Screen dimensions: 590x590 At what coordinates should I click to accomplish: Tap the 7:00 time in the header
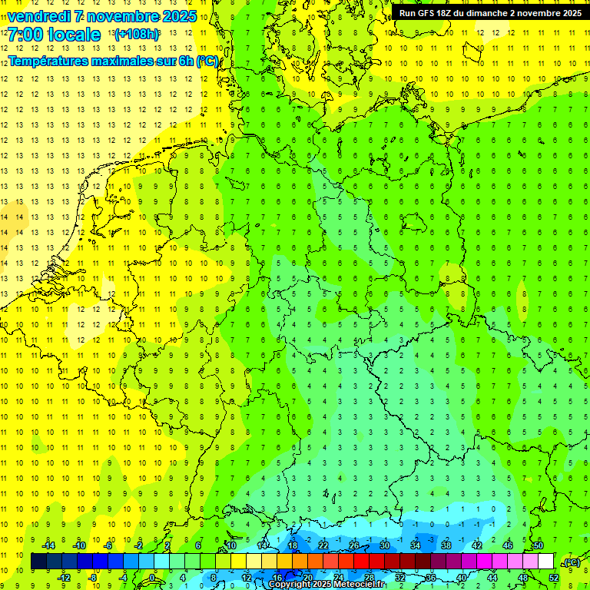[25, 35]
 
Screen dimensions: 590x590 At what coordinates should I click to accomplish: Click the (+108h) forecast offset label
[138, 35]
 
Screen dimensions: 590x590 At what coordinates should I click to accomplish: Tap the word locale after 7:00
[73, 35]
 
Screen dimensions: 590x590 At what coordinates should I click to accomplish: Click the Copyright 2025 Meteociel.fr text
[327, 584]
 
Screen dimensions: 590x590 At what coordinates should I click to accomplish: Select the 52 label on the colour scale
[554, 577]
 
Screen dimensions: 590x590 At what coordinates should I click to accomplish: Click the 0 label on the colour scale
[152, 577]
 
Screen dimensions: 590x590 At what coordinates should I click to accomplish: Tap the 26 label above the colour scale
[354, 545]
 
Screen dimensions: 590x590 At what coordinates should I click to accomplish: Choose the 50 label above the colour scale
[539, 545]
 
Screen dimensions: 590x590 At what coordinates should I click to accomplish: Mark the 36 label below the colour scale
[431, 577]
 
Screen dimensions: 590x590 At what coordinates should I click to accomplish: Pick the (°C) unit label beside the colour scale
[570, 562]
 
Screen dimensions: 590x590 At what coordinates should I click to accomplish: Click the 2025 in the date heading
[179, 16]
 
